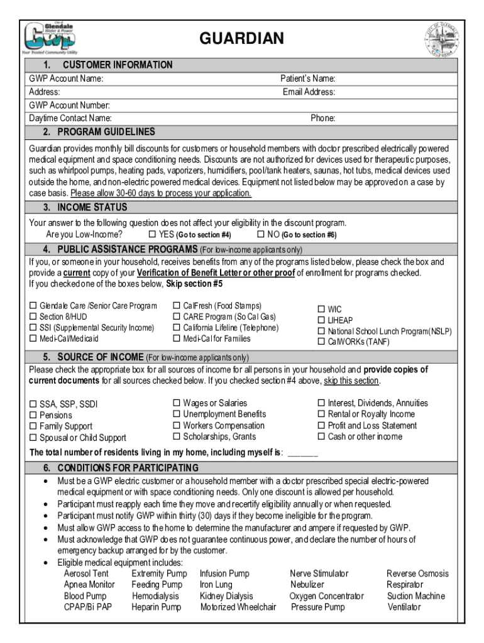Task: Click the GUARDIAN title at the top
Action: point(241,40)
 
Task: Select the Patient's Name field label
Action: point(307,79)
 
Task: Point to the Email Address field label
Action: point(309,92)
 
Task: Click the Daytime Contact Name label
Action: point(70,118)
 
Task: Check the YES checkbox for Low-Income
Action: point(151,234)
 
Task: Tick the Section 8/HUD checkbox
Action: point(33,317)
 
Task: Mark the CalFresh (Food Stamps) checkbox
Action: point(177,306)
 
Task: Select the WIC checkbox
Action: point(321,309)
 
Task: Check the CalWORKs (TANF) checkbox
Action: point(321,342)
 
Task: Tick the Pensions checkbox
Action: point(33,416)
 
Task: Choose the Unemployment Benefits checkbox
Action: point(177,414)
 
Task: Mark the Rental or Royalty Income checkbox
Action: point(321,414)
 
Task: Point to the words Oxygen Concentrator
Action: point(326,596)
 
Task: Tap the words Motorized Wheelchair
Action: point(238,607)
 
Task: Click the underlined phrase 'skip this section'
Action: point(351,381)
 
